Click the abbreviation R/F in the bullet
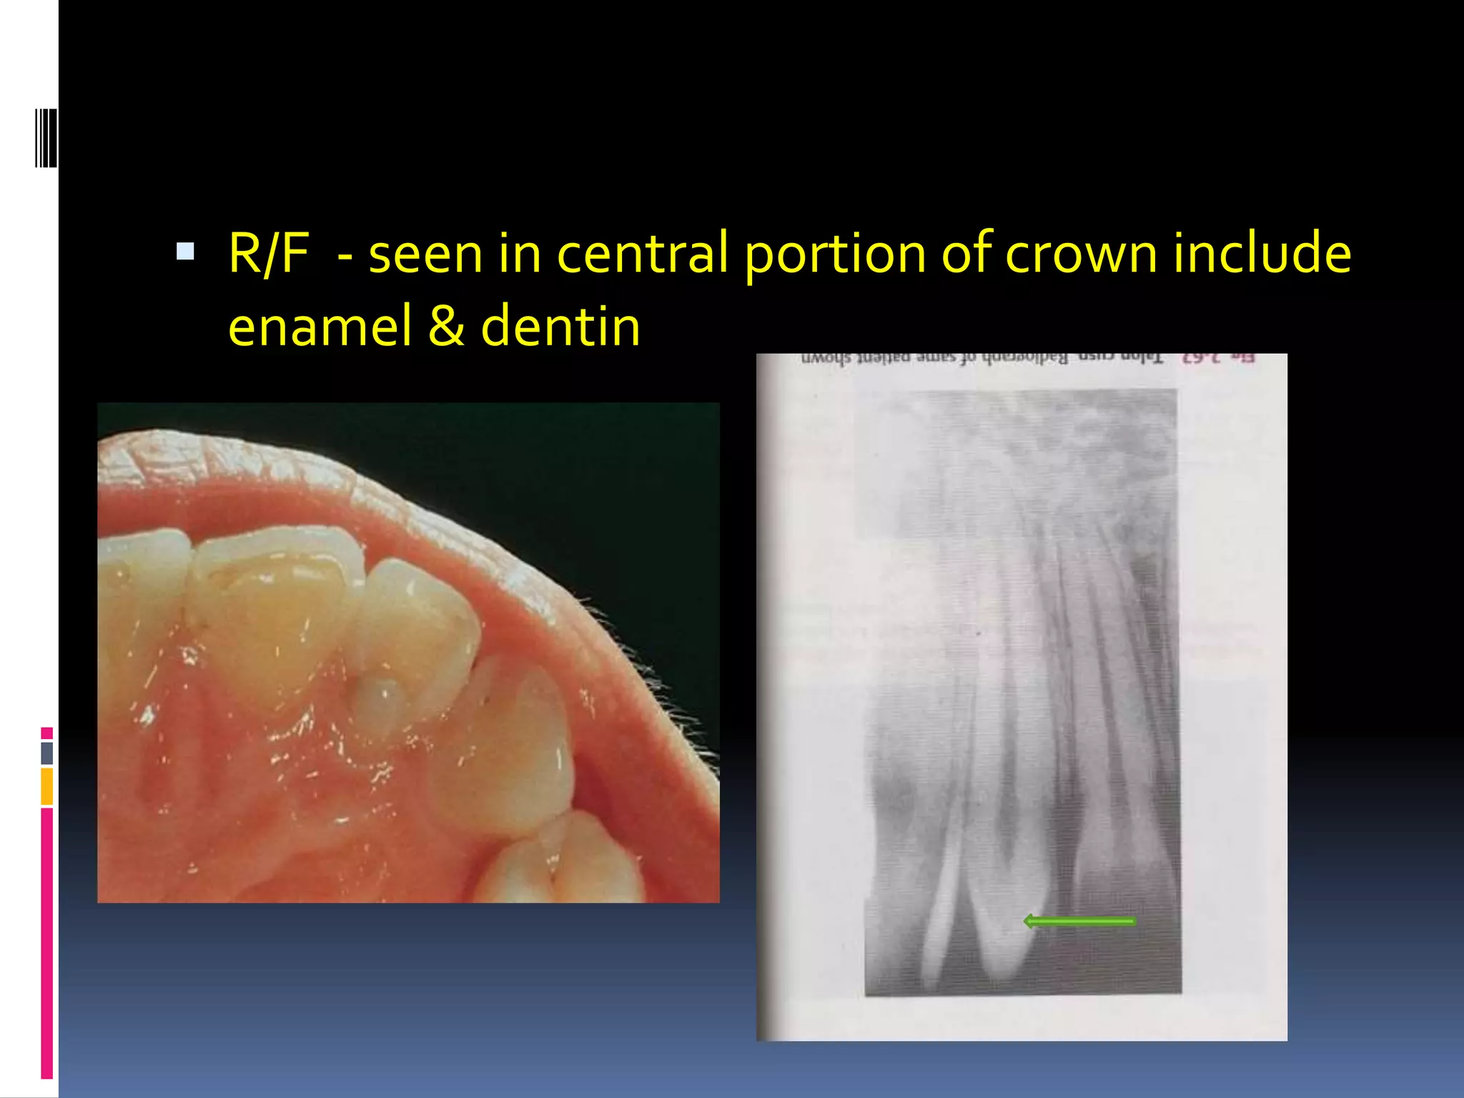coord(268,254)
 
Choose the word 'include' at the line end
coord(1262,254)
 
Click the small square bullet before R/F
coord(185,251)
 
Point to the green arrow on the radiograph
coord(1079,921)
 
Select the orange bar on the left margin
coord(47,786)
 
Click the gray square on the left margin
coord(47,753)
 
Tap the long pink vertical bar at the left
coord(47,943)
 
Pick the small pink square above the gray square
coord(47,733)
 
